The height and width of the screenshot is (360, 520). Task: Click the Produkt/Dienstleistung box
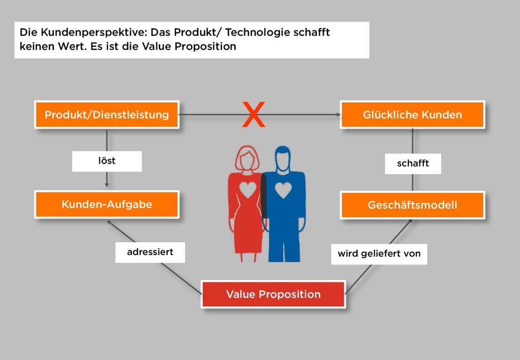(107, 114)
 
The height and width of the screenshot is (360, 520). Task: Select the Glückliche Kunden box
(412, 114)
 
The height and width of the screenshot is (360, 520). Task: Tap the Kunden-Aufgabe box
(107, 205)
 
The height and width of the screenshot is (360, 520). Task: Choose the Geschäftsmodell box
(412, 205)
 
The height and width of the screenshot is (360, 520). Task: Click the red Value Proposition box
(273, 294)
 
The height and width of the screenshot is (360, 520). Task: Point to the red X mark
(253, 115)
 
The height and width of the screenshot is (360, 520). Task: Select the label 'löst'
(107, 161)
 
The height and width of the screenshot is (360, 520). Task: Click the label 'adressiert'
(150, 252)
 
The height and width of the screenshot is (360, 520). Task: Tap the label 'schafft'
(412, 163)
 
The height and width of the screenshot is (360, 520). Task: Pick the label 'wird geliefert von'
(379, 253)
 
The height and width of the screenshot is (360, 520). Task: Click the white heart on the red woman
(248, 189)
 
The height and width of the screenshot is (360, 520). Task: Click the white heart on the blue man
(283, 190)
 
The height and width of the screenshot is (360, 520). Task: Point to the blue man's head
(282, 158)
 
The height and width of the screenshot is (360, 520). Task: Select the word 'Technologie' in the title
(258, 32)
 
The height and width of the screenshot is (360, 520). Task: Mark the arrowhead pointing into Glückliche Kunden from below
(412, 130)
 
